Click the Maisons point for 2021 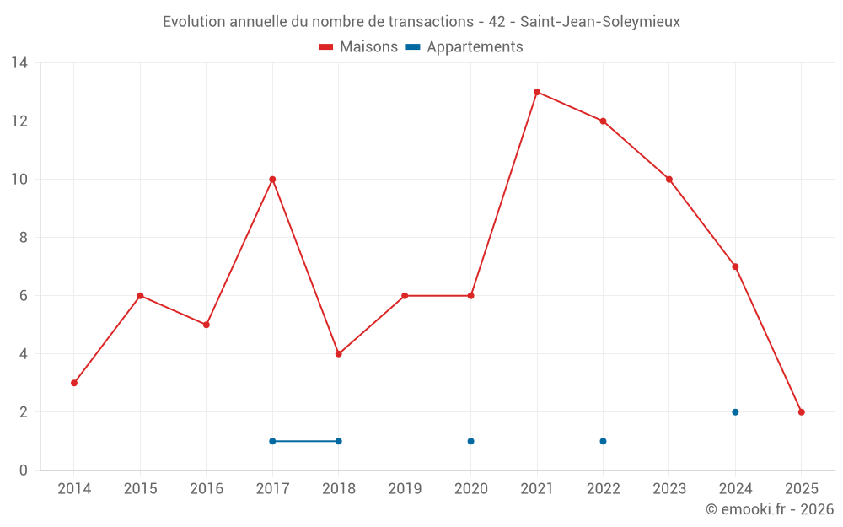(x=537, y=92)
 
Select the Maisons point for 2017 (x=272, y=180)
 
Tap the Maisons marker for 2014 (x=74, y=383)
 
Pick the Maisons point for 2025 (x=802, y=412)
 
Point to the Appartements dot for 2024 (x=735, y=412)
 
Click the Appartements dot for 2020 (x=470, y=441)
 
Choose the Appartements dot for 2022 (x=603, y=441)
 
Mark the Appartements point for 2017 (x=272, y=441)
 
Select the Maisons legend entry (x=358, y=47)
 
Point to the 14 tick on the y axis (x=19, y=63)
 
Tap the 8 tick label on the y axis (x=24, y=238)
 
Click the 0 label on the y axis (x=24, y=471)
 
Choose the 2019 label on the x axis (x=405, y=489)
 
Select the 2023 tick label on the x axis (x=669, y=489)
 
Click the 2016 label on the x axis (x=207, y=489)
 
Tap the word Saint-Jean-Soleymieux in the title (x=599, y=22)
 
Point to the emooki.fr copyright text (x=770, y=509)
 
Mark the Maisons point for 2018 (x=339, y=354)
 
